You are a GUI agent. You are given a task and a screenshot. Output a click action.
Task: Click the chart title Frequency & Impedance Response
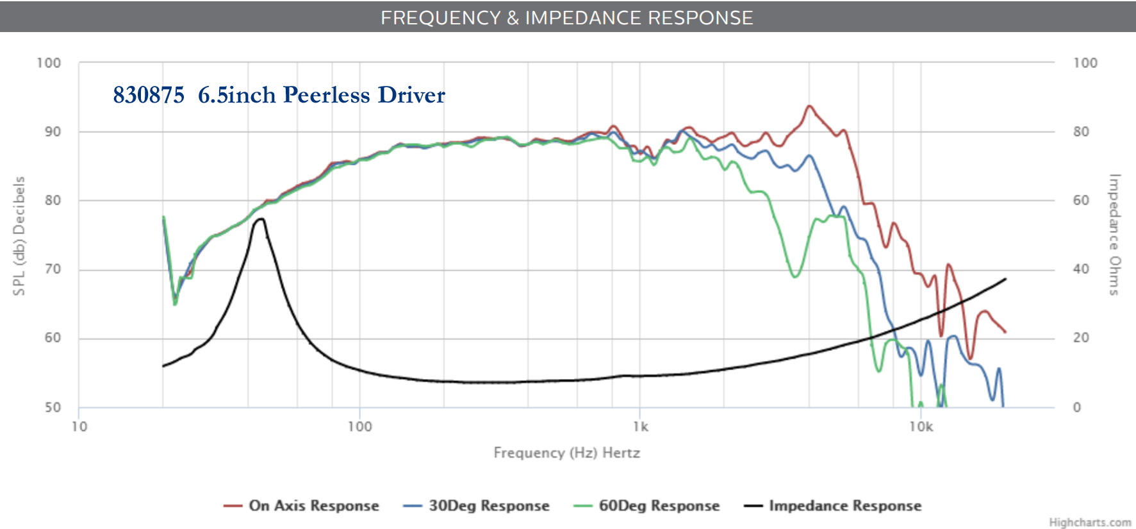click(566, 17)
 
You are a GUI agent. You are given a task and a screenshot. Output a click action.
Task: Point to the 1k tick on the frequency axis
click(640, 427)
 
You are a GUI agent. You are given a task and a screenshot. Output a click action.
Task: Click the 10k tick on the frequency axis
click(921, 427)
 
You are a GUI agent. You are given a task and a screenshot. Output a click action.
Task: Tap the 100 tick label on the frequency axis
click(359, 427)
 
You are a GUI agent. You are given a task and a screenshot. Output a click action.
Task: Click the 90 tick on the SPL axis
click(53, 132)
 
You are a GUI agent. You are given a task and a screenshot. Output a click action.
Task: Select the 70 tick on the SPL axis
click(53, 269)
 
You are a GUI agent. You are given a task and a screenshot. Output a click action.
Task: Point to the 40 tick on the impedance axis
click(1081, 269)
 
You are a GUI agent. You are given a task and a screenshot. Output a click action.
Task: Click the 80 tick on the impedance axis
click(1081, 132)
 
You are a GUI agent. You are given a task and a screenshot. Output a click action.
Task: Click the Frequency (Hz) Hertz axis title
click(566, 453)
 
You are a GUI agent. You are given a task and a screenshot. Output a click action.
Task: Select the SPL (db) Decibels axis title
click(20, 236)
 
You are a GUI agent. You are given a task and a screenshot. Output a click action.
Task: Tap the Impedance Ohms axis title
click(1115, 235)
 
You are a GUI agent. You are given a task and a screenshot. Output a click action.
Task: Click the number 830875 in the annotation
click(149, 95)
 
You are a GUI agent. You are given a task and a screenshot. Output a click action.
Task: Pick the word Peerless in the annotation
click(327, 95)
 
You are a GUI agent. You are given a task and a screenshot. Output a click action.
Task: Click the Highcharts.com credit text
click(1090, 523)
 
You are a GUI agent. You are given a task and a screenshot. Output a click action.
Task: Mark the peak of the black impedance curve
click(260, 219)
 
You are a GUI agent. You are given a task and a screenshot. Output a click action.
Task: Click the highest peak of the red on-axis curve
click(809, 106)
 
